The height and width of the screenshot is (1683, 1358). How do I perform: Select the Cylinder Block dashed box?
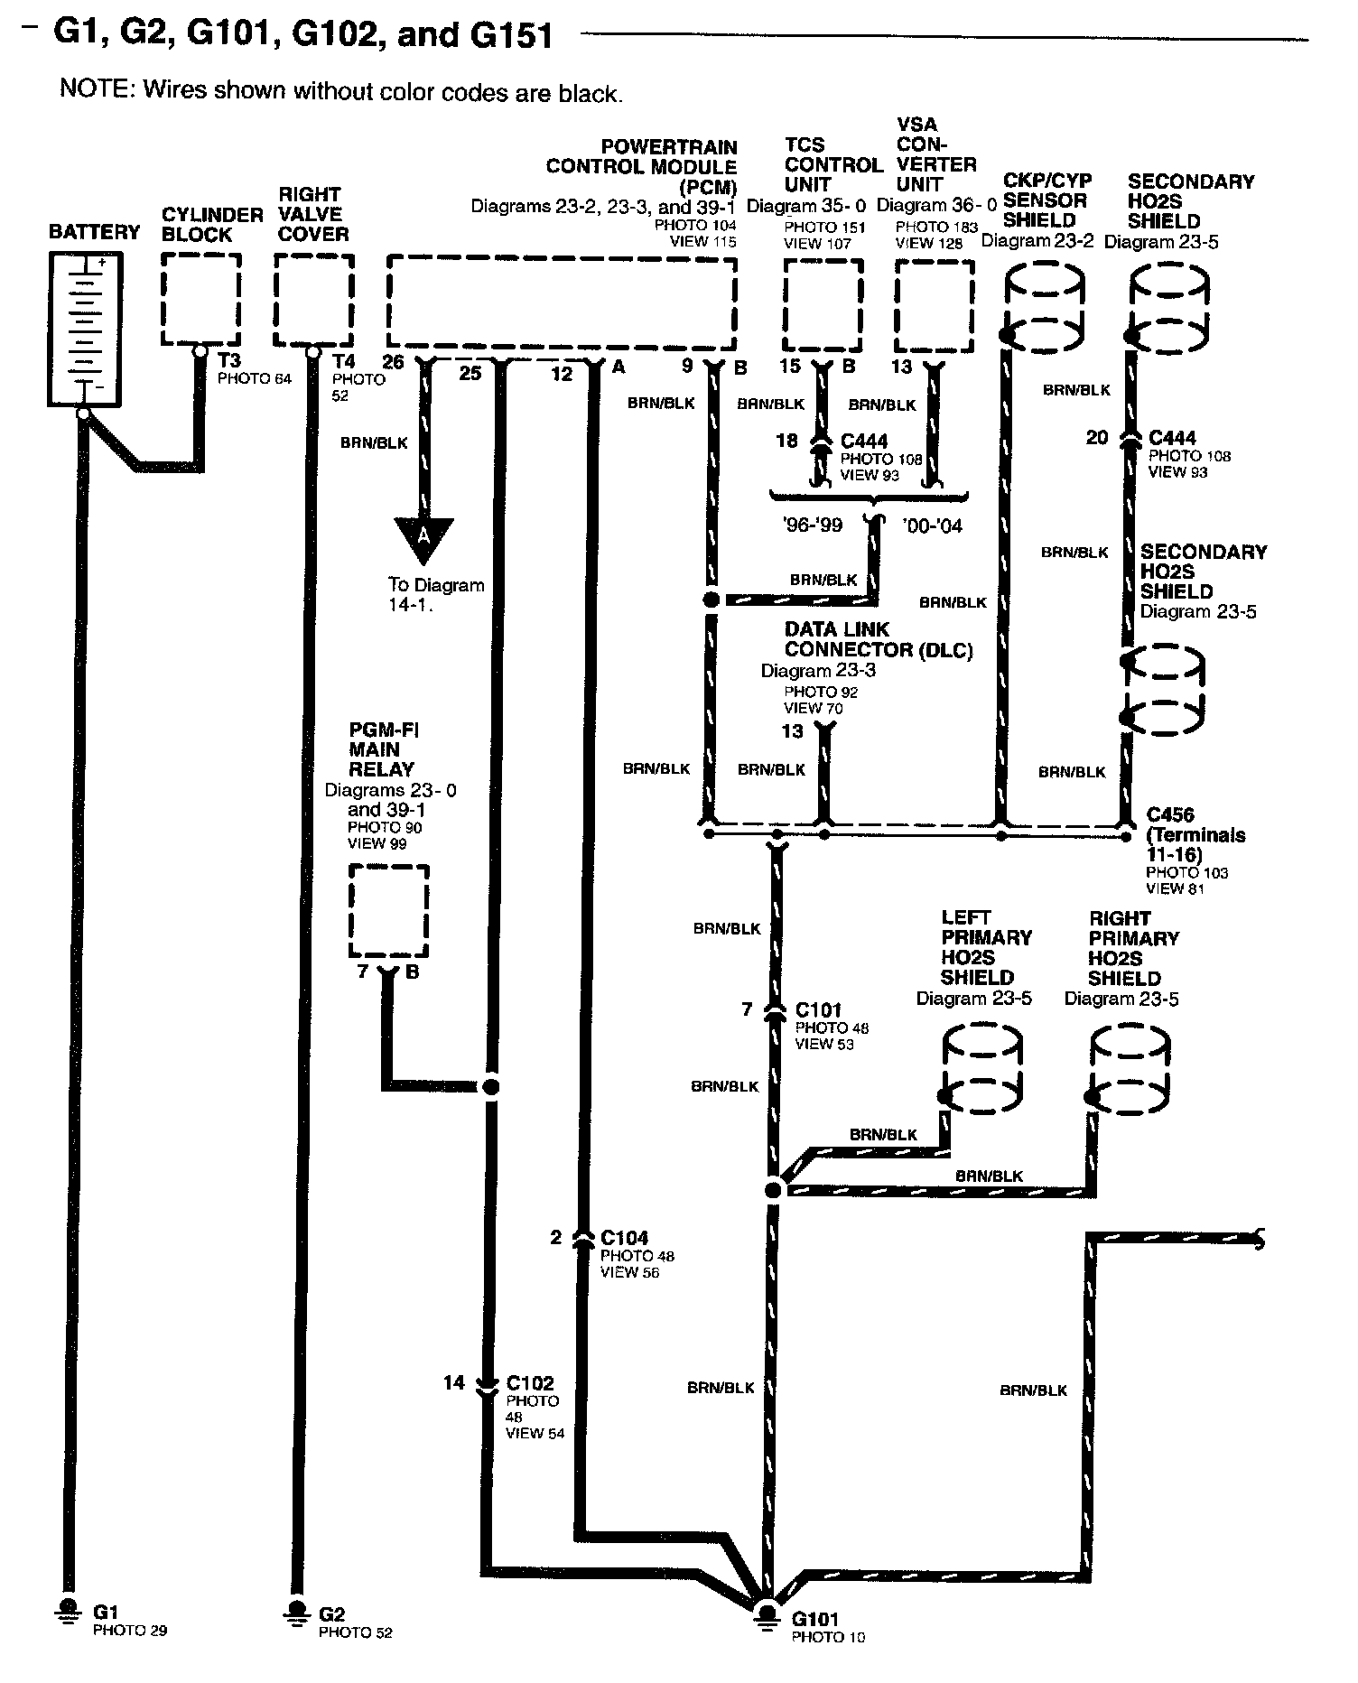click(x=200, y=299)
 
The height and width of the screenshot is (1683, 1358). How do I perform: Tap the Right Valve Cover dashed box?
click(x=313, y=299)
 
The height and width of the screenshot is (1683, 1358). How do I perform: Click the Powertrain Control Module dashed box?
click(x=561, y=302)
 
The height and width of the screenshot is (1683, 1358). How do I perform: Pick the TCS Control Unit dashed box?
click(x=822, y=305)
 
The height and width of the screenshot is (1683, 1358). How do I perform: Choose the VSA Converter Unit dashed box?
click(x=935, y=305)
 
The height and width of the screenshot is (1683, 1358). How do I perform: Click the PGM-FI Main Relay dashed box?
click(x=389, y=911)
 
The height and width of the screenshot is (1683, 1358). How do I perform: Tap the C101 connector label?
click(x=818, y=1009)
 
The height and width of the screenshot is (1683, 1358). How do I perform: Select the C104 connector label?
click(x=625, y=1238)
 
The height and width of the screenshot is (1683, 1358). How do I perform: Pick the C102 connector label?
click(x=530, y=1382)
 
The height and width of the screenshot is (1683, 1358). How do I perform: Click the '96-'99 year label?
click(x=813, y=525)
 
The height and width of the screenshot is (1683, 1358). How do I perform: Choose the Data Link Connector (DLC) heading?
click(x=878, y=639)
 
